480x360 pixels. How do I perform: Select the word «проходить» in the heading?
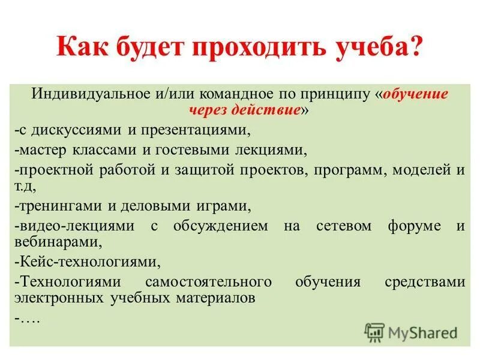(251, 46)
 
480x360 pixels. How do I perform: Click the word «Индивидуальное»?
(91, 95)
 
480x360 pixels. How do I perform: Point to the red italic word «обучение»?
(415, 95)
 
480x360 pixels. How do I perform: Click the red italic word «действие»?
(260, 110)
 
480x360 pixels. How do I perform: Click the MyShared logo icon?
(374, 332)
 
